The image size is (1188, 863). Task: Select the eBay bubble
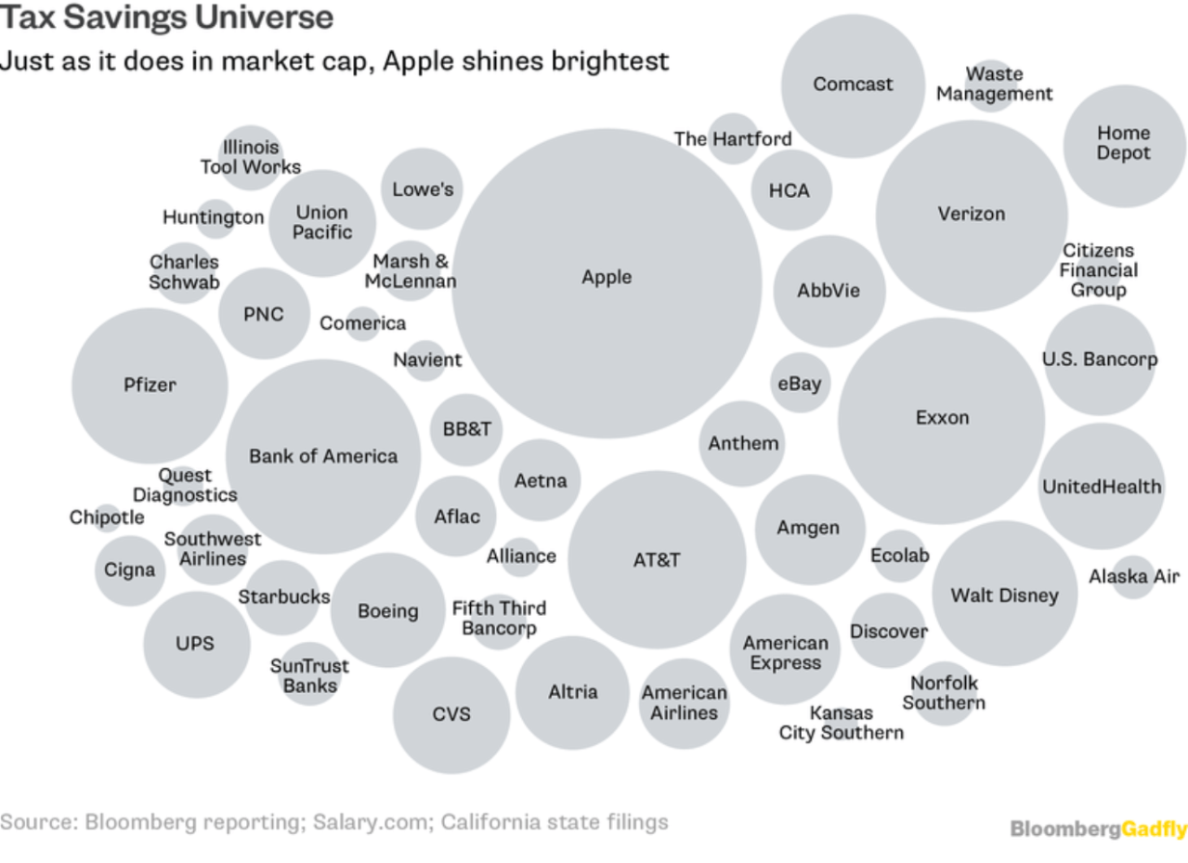tap(799, 382)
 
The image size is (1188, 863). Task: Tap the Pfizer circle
tap(150, 385)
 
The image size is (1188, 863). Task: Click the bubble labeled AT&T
tap(657, 560)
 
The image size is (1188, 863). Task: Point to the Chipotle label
tap(107, 517)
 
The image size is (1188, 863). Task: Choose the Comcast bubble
tap(853, 85)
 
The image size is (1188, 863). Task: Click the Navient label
tap(427, 360)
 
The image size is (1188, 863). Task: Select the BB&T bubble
tap(466, 429)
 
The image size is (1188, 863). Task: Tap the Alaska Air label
tap(1133, 577)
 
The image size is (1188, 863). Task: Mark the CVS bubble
tap(451, 714)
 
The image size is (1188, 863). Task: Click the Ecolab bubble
tap(899, 556)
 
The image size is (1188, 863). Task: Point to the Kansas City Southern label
tap(841, 723)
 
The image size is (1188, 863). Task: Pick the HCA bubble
tap(790, 190)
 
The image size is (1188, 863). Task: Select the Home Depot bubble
tap(1123, 144)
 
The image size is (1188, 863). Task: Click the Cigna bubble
tap(129, 569)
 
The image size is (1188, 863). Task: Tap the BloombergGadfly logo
tap(1098, 828)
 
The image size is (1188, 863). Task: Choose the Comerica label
tap(362, 323)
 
